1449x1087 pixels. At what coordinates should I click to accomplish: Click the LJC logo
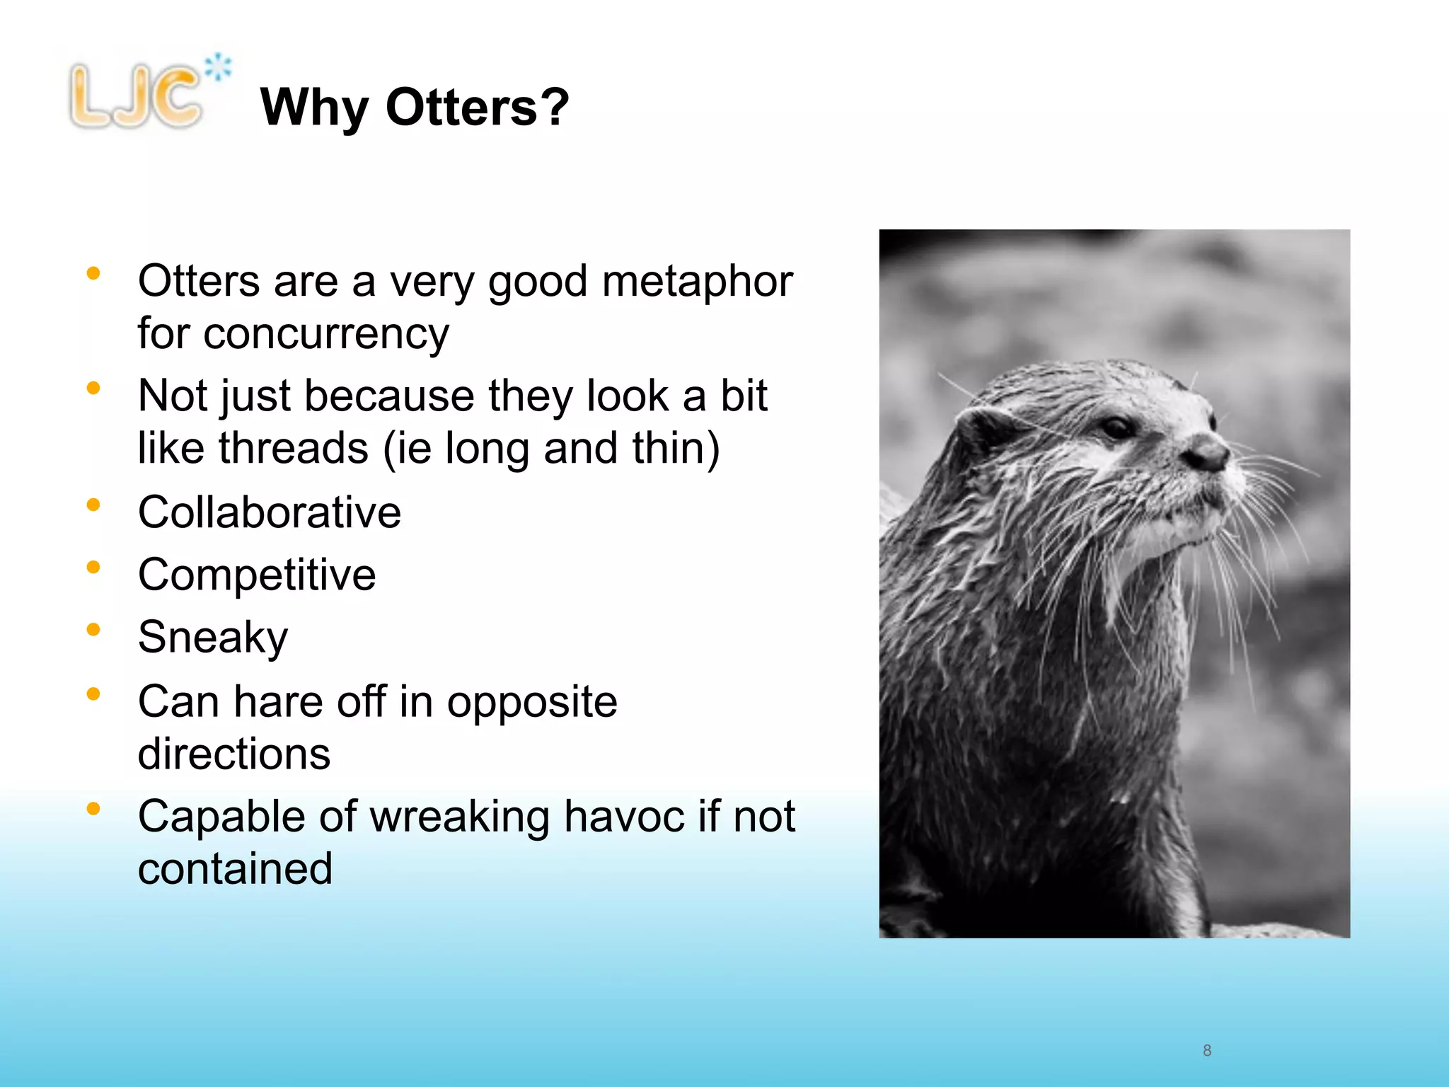pyautogui.click(x=136, y=96)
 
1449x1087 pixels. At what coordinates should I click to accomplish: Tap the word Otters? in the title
pyautogui.click(x=477, y=108)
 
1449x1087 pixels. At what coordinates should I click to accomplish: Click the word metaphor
pyautogui.click(x=697, y=282)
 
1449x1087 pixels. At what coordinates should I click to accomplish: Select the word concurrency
pyautogui.click(x=326, y=334)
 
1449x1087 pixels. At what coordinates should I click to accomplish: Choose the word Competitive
pyautogui.click(x=257, y=574)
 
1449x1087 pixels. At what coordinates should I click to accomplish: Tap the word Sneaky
pyautogui.click(x=213, y=637)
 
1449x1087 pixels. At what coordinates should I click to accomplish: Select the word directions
pyautogui.click(x=234, y=754)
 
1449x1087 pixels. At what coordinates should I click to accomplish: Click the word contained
pyautogui.click(x=235, y=869)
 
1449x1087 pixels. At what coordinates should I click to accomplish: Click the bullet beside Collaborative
pyautogui.click(x=93, y=505)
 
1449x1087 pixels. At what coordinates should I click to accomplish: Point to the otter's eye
pyautogui.click(x=1117, y=427)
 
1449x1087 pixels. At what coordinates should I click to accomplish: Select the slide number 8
pyautogui.click(x=1207, y=1050)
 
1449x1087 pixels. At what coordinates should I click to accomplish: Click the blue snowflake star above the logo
pyautogui.click(x=218, y=67)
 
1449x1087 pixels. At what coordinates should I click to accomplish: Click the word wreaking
pyautogui.click(x=459, y=817)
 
